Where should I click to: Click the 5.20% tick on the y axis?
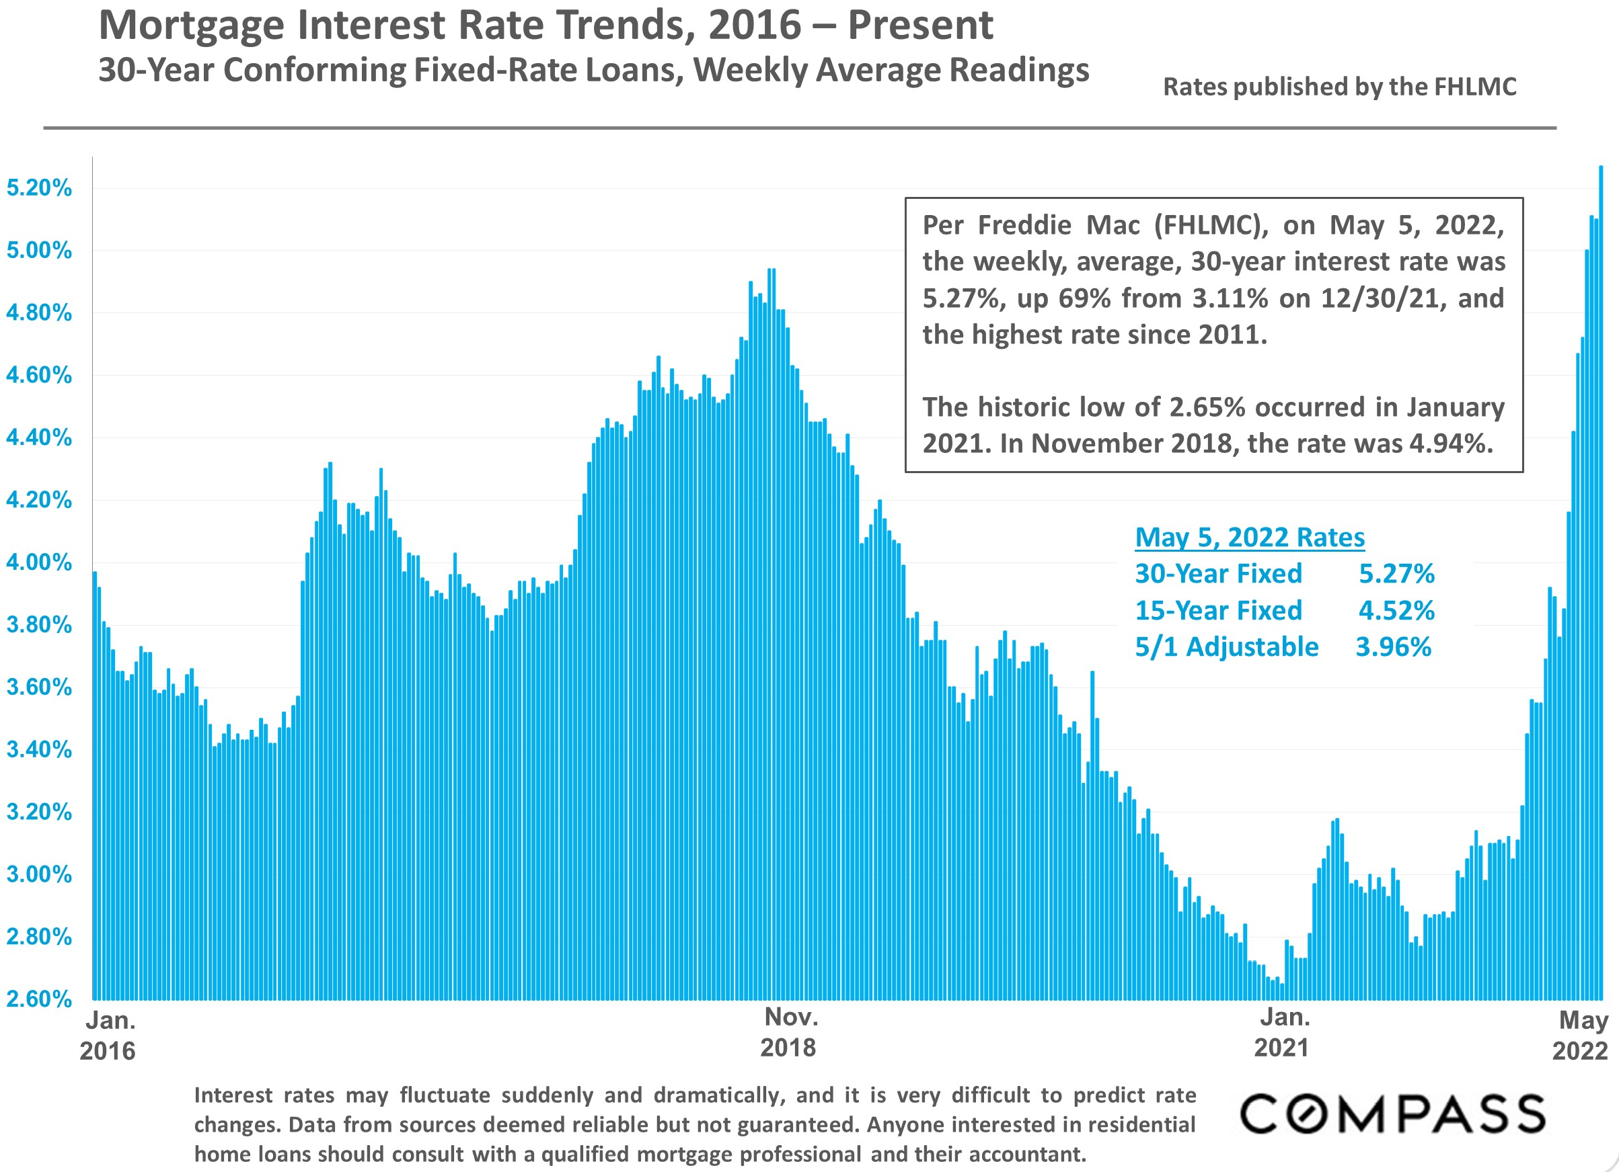pos(39,188)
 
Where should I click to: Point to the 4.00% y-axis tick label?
pos(39,563)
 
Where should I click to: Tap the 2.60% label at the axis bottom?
pos(39,999)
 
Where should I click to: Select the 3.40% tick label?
pos(39,750)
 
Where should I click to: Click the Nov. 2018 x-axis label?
pos(790,1032)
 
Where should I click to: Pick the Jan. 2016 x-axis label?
pos(109,1036)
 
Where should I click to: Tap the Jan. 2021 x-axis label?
pos(1283,1032)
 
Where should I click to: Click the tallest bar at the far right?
pos(1601,571)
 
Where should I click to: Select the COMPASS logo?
pos(1392,1114)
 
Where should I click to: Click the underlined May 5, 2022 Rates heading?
pos(1249,537)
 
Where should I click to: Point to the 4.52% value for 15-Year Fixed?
pos(1396,611)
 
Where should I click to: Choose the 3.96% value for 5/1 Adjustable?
pos(1394,647)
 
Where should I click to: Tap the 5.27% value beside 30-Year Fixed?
pos(1396,573)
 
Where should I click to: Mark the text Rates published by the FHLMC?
pos(1339,87)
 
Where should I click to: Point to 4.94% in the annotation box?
pos(1451,444)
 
